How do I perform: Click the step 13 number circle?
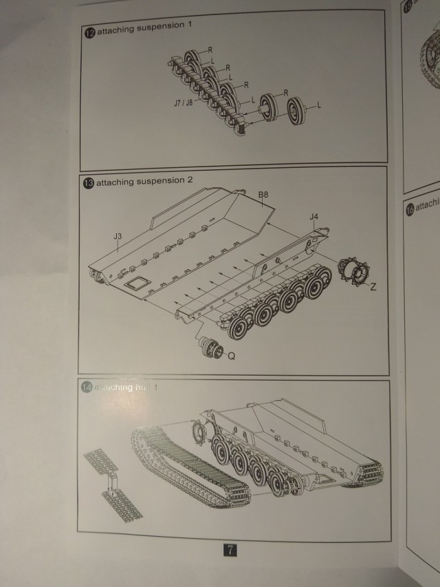point(89,183)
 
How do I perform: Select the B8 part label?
point(263,195)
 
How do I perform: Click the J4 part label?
point(313,217)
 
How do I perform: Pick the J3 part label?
point(118,236)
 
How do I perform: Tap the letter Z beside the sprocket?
point(373,286)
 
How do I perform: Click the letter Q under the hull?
point(231,356)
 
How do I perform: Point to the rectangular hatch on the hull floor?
point(136,282)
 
